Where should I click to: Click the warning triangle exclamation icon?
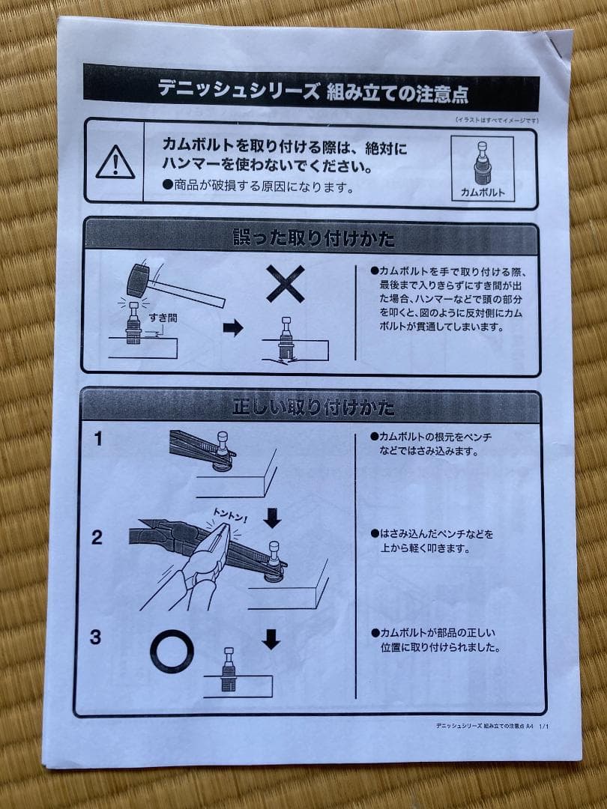click(x=115, y=163)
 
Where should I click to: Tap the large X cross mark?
click(x=286, y=283)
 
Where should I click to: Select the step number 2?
click(x=97, y=537)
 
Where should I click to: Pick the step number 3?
click(x=96, y=637)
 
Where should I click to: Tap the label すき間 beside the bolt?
click(x=163, y=318)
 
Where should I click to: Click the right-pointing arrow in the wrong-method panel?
click(x=234, y=327)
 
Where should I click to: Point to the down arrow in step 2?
click(x=273, y=518)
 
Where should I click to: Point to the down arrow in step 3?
click(x=271, y=639)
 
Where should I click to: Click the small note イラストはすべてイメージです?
click(x=496, y=119)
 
